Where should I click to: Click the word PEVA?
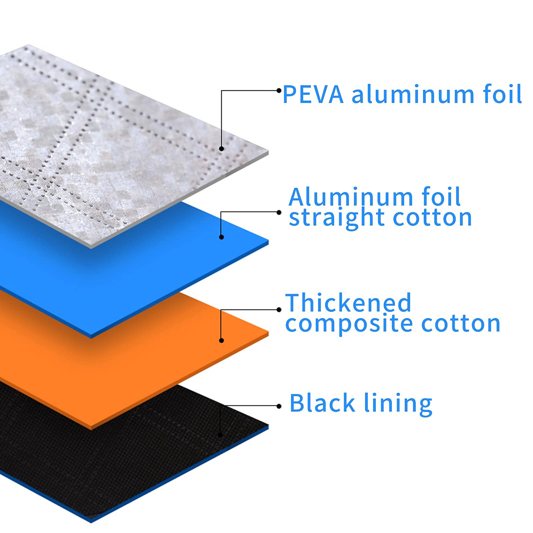[x=312, y=94]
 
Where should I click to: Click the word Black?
[x=322, y=403]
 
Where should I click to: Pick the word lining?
[x=398, y=403]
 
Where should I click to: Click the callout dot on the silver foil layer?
[x=222, y=149]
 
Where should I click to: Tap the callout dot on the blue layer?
[x=222, y=237]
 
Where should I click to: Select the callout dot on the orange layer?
[x=222, y=340]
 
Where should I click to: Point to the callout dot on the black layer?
[x=220, y=434]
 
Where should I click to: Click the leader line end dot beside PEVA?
[x=279, y=90]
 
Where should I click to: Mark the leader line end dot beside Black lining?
[x=279, y=406]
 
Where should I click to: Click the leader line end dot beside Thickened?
[x=279, y=310]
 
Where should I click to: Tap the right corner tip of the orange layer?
[x=268, y=332]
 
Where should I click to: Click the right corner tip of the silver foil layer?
[x=268, y=153]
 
